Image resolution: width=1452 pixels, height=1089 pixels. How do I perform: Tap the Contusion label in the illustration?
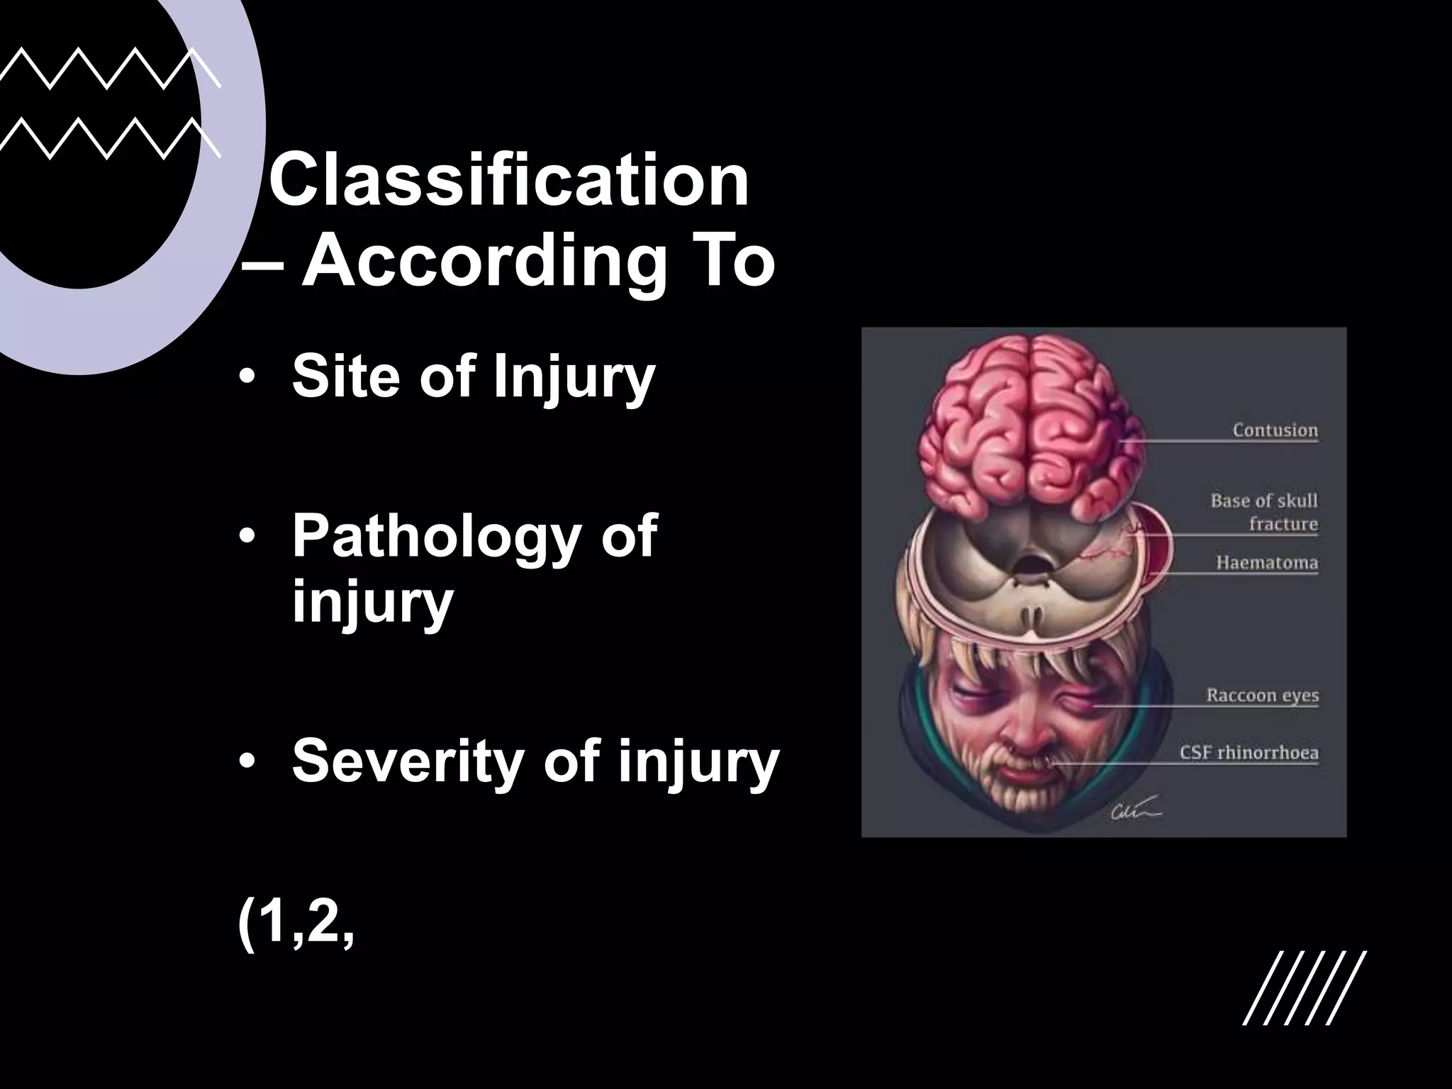[x=1275, y=430]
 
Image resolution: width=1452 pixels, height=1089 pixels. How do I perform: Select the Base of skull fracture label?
[x=1264, y=512]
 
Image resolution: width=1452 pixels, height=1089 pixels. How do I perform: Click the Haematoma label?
[x=1267, y=563]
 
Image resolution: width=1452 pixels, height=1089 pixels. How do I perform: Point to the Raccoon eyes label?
[x=1262, y=695]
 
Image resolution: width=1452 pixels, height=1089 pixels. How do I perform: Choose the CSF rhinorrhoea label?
[x=1249, y=752]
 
